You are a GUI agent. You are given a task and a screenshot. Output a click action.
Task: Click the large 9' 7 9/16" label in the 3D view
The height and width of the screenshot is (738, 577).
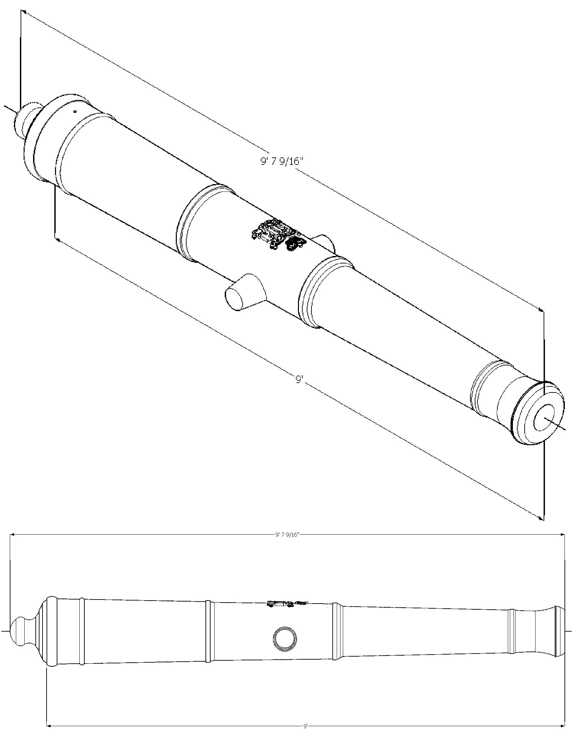tap(280, 161)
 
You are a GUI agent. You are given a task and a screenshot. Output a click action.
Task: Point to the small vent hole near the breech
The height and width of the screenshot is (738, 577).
tap(75, 111)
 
